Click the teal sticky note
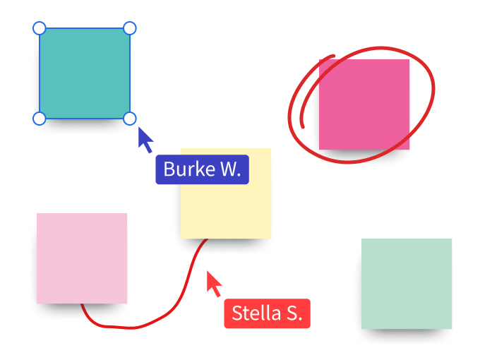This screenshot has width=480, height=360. pos(85,73)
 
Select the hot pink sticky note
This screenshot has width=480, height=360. pos(364,104)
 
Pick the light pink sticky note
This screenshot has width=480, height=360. pos(82,258)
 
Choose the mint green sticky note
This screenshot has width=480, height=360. pos(407,283)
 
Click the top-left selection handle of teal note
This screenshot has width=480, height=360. pos(40,28)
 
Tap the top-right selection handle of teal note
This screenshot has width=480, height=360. pos(130,28)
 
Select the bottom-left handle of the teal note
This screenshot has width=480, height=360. pos(40,119)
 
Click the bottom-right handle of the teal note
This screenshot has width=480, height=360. pos(130,119)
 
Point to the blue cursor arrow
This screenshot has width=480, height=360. pos(145,138)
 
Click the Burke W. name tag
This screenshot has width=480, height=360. pos(202,169)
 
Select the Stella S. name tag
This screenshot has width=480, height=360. pos(267,313)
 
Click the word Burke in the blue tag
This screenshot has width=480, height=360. pos(186,169)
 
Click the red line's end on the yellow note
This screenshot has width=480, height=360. pos(206,241)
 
